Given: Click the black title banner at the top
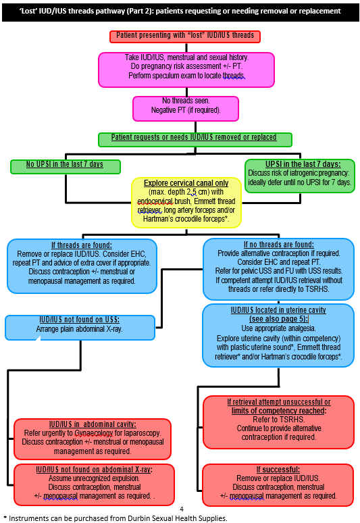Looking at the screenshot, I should tap(180, 11).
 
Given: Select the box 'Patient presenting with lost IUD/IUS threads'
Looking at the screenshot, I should tap(184, 36).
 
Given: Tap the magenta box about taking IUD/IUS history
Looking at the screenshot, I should tap(186, 68).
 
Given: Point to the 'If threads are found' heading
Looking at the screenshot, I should tap(82, 245).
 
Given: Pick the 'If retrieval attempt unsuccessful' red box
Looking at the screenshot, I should tap(278, 419).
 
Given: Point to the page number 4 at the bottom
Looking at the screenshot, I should tap(182, 509).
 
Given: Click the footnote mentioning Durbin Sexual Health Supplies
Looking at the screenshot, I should tap(114, 518).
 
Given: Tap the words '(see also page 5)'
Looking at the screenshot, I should tap(278, 319).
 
